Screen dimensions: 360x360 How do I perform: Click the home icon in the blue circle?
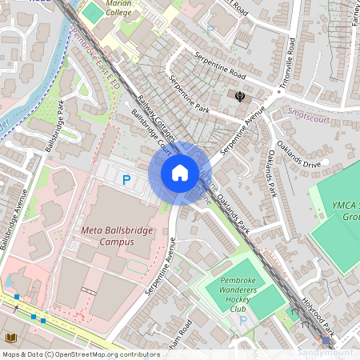pyautogui.click(x=180, y=173)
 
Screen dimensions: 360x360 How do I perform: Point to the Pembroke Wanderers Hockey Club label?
pyautogui.click(x=237, y=295)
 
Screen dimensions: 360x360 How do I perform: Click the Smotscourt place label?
pyautogui.click(x=308, y=114)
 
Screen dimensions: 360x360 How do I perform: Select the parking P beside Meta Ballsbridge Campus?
pyautogui.click(x=126, y=181)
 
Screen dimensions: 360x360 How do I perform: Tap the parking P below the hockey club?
pyautogui.click(x=242, y=320)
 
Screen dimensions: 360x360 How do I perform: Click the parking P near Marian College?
pyautogui.click(x=210, y=29)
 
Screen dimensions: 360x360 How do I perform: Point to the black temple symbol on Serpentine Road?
pyautogui.click(x=239, y=97)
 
